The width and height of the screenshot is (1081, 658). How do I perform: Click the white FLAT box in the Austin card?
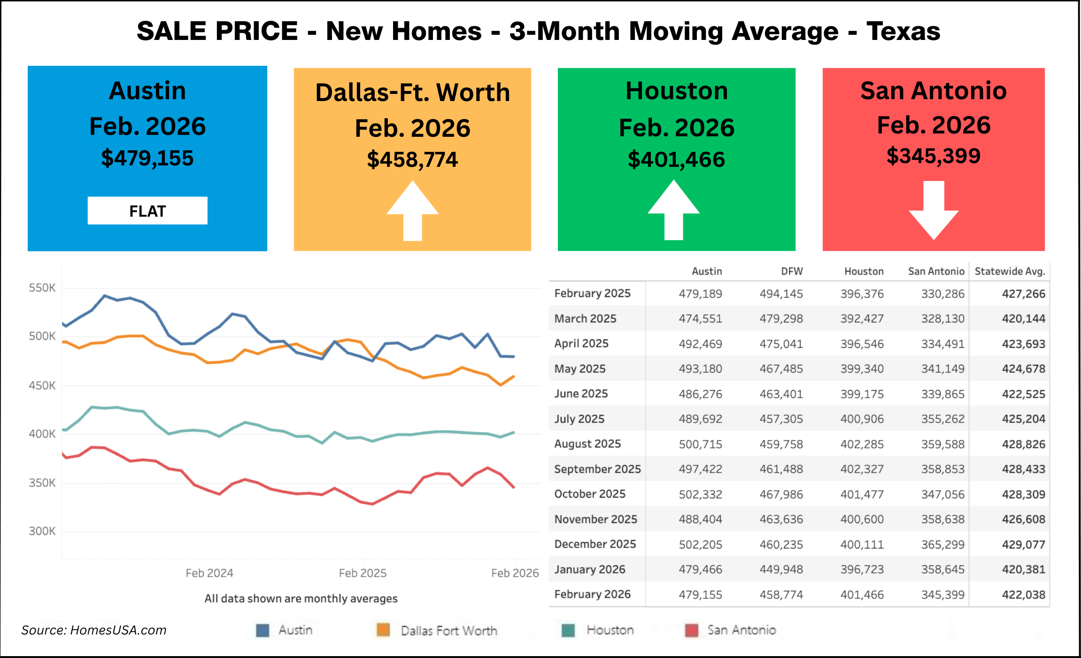147,211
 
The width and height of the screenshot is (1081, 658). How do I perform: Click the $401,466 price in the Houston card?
676,159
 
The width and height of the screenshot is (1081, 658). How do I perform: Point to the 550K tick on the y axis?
42,288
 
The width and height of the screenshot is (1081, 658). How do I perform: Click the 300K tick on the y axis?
42,531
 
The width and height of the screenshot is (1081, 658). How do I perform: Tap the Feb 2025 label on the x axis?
363,573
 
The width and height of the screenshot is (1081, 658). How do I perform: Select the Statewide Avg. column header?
1010,271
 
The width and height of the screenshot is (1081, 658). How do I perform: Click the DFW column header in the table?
792,271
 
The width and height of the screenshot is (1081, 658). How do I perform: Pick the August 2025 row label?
587,444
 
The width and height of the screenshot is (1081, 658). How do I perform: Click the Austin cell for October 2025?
700,494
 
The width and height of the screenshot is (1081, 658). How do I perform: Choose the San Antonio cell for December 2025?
942,544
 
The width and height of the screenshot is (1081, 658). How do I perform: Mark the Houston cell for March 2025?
862,319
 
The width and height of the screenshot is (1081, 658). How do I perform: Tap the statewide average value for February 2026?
1023,595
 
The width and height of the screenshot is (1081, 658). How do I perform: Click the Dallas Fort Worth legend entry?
448,631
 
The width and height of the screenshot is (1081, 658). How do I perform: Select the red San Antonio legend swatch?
692,630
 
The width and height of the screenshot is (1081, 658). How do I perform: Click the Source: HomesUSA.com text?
94,630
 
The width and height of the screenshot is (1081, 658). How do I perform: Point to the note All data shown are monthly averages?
301,598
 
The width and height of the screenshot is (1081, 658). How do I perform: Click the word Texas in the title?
903,31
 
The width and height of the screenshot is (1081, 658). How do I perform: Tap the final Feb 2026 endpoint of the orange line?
514,376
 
